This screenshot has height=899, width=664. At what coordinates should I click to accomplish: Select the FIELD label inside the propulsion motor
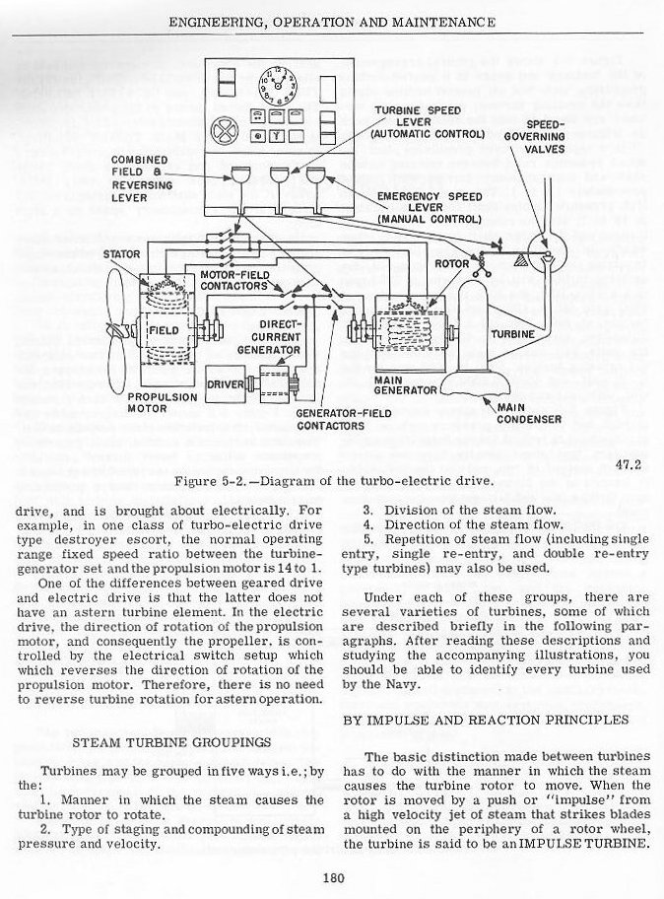tap(163, 331)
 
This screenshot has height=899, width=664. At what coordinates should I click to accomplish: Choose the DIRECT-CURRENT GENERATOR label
tap(267, 336)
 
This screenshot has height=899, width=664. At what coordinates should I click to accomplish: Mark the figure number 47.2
tap(627, 456)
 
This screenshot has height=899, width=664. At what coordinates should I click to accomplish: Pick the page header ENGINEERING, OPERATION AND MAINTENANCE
tap(332, 21)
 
